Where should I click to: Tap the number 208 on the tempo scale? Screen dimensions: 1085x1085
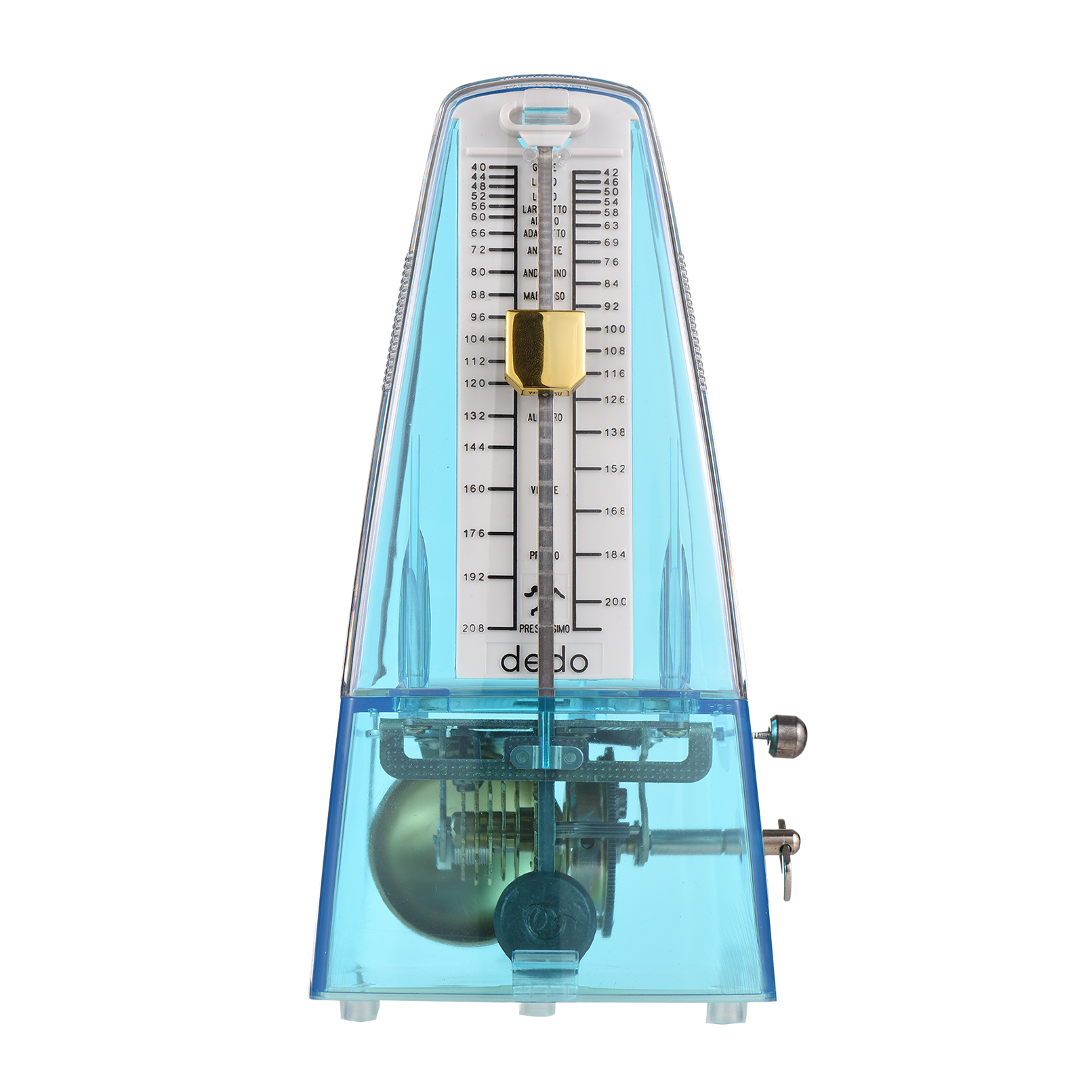click(x=474, y=628)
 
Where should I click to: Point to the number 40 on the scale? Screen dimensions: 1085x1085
click(x=478, y=167)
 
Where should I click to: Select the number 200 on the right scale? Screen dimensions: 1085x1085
click(x=615, y=602)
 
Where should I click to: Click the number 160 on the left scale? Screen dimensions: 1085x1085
click(x=474, y=489)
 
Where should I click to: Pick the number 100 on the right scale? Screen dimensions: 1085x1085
click(x=615, y=329)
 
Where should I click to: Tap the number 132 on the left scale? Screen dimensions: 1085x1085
click(x=474, y=416)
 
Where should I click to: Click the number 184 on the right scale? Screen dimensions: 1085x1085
click(x=615, y=555)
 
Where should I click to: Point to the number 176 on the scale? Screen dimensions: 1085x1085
click(x=474, y=533)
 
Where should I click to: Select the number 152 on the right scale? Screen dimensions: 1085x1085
click(x=615, y=469)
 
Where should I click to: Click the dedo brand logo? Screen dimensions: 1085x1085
click(x=544, y=660)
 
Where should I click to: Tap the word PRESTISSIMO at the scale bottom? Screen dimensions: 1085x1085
click(x=544, y=630)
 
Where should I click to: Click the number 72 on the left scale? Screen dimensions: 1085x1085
click(x=478, y=250)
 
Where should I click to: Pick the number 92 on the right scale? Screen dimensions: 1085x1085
click(x=611, y=307)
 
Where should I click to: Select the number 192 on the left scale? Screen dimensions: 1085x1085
click(x=474, y=577)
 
